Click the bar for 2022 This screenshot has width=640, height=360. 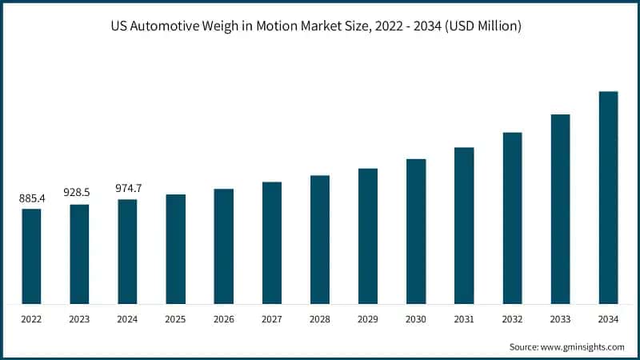click(x=31, y=256)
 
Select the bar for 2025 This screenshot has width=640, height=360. click(x=176, y=249)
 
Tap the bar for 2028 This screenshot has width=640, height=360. click(x=320, y=239)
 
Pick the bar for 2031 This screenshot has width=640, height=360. click(x=464, y=226)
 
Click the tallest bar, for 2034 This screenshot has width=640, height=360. click(x=608, y=198)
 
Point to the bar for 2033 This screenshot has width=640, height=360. click(x=560, y=209)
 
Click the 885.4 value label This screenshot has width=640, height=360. click(x=32, y=198)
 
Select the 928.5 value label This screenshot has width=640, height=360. click(x=80, y=193)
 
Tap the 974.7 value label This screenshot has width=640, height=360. click(x=128, y=188)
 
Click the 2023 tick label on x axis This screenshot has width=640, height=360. click(x=80, y=318)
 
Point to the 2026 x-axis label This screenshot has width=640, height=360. click(x=224, y=318)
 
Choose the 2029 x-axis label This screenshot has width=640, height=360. click(x=368, y=318)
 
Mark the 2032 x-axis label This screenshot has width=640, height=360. click(x=512, y=318)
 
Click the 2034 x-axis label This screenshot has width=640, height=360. click(x=608, y=318)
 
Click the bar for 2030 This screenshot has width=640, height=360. click(x=416, y=231)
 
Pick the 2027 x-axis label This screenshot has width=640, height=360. click(x=272, y=318)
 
